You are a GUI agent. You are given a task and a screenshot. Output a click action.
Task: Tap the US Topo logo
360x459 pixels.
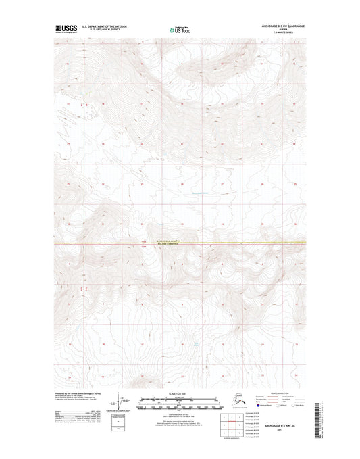click(x=179, y=30)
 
